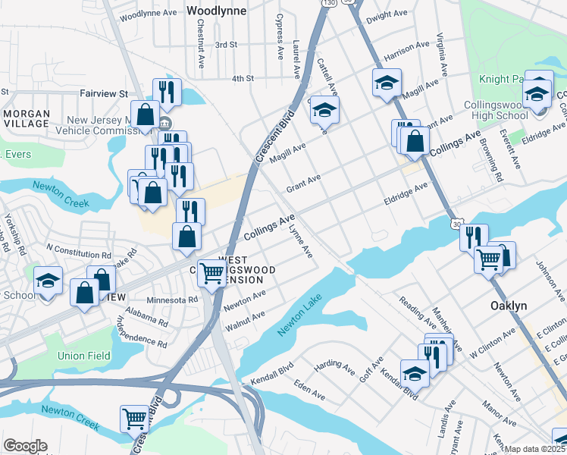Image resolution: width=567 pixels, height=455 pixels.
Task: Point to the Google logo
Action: (25, 446)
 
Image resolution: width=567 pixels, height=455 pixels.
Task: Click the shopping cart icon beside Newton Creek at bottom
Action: (134, 418)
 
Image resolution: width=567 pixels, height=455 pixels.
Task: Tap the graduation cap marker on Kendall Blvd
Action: (415, 372)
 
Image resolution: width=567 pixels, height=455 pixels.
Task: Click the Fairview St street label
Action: (103, 93)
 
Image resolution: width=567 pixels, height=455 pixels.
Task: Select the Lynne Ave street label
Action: (302, 238)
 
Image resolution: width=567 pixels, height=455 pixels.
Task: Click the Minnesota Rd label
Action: (172, 300)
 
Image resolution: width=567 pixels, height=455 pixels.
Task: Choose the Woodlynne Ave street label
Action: (148, 14)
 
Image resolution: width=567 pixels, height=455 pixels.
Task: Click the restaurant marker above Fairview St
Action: (166, 92)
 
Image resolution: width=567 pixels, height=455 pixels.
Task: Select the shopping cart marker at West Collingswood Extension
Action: (211, 273)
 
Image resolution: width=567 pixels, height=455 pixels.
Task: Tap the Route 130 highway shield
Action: (328, 3)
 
